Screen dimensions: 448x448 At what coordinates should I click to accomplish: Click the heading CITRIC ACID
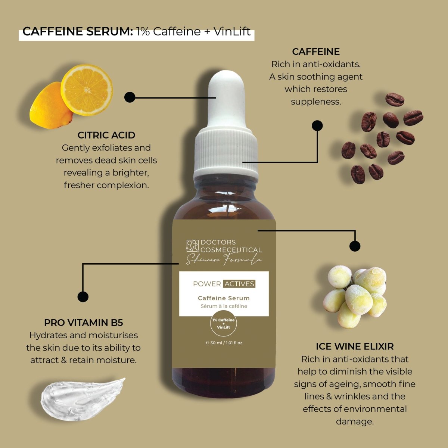106,135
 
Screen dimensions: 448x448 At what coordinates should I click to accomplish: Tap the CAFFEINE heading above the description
316,52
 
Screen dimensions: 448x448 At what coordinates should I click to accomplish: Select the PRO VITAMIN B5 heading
83,323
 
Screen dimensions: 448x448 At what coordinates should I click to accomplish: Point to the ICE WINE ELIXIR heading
355,346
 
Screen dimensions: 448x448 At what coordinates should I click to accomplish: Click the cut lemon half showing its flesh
87,90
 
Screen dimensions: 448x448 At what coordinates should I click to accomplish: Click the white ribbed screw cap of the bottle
225,153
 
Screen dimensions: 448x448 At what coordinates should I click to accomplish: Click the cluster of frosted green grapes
355,295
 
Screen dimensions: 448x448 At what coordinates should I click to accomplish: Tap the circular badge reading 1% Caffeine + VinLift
224,324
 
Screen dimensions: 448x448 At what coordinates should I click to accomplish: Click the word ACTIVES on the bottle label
239,284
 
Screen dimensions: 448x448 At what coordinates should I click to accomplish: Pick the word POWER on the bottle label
207,284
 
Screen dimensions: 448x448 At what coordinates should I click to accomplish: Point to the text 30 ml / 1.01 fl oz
224,343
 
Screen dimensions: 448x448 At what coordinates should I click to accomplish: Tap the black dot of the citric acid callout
130,97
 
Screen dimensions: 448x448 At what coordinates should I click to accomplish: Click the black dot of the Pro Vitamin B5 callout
83,297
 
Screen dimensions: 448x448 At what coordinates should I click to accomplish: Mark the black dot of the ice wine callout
355,246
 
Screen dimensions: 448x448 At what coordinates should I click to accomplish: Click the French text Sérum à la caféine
224,306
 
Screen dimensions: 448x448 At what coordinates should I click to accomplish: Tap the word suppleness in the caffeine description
316,102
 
